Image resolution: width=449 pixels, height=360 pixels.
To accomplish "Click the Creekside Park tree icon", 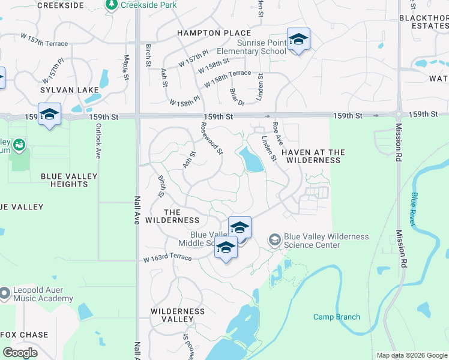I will click(112, 5).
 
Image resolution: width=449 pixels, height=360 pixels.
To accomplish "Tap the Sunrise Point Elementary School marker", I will click(298, 40).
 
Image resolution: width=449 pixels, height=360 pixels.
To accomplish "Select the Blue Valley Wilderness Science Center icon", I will click(274, 240).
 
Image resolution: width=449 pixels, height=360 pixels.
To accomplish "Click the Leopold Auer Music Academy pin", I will click(5, 293).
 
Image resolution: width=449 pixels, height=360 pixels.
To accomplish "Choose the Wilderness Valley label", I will click(178, 316).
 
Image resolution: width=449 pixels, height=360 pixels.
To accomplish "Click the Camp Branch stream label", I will click(337, 317).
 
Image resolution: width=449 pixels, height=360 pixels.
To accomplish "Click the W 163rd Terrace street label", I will click(167, 259).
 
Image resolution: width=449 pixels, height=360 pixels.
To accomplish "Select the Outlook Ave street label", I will click(97, 142).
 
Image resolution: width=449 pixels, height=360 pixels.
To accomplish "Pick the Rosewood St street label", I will click(212, 139).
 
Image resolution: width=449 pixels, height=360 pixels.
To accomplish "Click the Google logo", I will click(20, 353).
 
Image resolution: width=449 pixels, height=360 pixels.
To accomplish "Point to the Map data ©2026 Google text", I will click(412, 355).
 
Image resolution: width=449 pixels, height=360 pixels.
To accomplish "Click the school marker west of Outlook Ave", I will click(49, 115).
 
